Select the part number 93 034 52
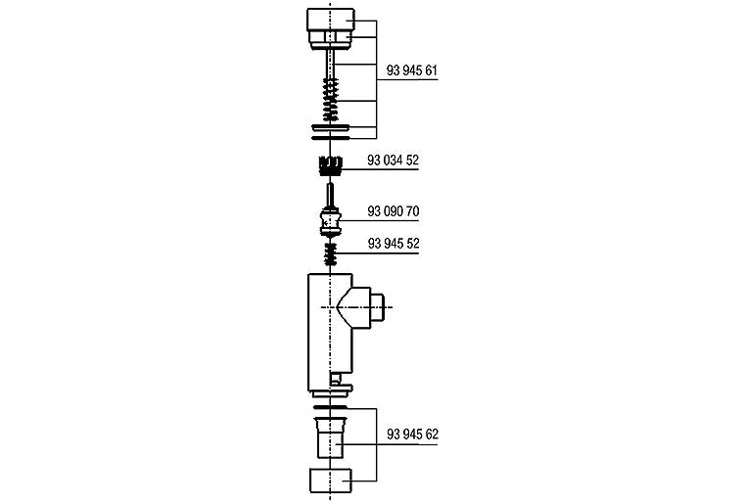pos(393,159)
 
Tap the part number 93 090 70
pos(393,211)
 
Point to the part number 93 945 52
pos(393,242)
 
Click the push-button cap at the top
pos(332,21)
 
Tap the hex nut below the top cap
pos(332,39)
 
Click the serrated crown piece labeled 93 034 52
pos(332,163)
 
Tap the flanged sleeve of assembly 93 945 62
pos(332,435)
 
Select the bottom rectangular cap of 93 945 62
pos(332,481)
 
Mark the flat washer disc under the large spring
pos(332,128)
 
